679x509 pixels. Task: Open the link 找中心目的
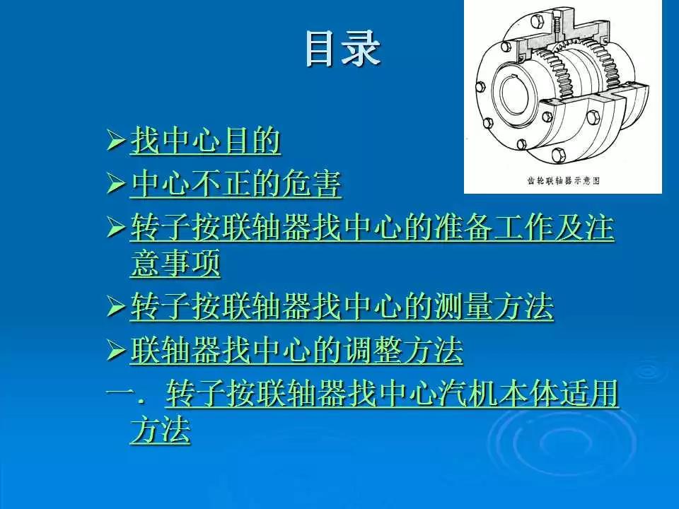coord(205,142)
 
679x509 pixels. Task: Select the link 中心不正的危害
coord(236,185)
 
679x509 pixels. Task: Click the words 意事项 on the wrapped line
coord(175,265)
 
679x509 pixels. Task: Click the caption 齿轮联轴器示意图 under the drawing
coord(564,180)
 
